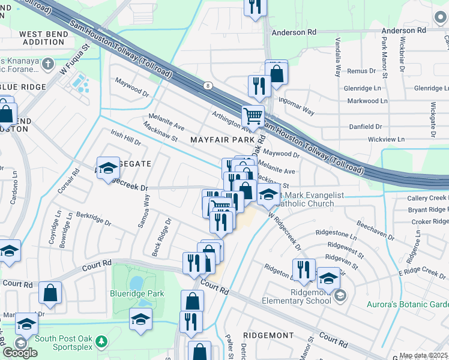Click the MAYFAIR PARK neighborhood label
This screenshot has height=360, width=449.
coord(222,140)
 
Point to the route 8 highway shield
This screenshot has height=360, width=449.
coord(206,85)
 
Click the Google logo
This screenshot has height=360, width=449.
coord(20,353)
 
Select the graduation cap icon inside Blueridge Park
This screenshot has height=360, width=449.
coord(140,318)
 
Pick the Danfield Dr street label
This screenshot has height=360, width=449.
coord(366,127)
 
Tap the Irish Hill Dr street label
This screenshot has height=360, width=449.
coord(125,139)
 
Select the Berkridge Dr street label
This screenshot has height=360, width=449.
coord(94,218)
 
